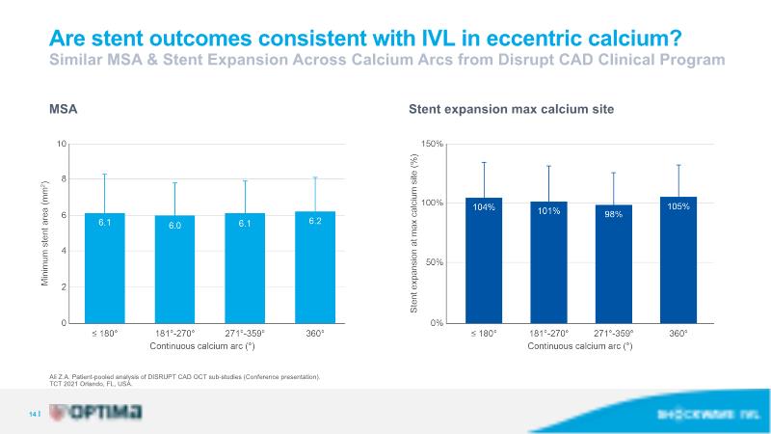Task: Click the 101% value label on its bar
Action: point(549,207)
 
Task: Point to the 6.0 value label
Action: point(174,225)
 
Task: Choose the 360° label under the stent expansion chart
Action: point(678,334)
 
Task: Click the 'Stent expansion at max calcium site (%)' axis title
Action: point(414,233)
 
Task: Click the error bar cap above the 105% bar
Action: point(678,165)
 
